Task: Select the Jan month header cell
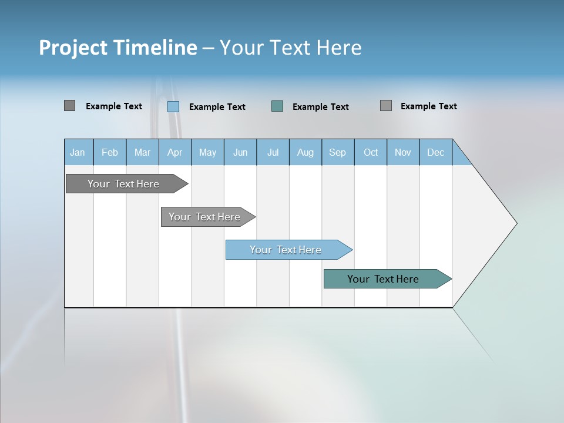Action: tap(78, 152)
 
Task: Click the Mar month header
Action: tap(142, 152)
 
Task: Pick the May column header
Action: tap(207, 152)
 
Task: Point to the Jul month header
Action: tap(273, 152)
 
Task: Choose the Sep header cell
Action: tap(337, 152)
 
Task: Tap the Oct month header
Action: tap(371, 152)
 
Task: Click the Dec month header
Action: tap(435, 152)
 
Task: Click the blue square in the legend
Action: tap(173, 106)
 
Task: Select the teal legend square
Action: tap(277, 106)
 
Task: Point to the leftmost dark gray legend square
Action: tap(69, 106)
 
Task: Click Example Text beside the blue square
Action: tap(217, 107)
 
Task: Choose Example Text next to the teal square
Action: tap(321, 107)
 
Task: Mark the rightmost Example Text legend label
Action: tap(429, 106)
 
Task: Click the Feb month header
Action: tap(110, 152)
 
